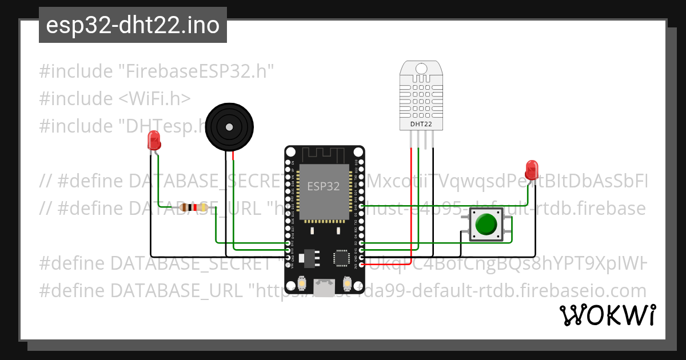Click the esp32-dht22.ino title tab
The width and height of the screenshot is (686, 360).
coord(133,25)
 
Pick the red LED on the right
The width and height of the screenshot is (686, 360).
coord(532,169)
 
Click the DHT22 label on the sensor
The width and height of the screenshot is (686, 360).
coord(422,123)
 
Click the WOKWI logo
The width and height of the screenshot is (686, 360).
coord(607,315)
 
